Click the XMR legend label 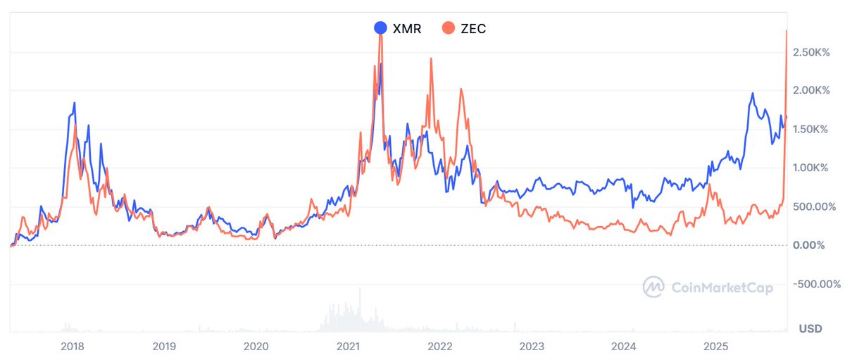[x=406, y=28]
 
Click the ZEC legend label [x=472, y=28]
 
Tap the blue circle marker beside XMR [x=380, y=28]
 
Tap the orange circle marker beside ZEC [x=448, y=28]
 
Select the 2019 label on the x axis [x=163, y=346]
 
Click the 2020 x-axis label [x=256, y=346]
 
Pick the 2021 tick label [x=349, y=346]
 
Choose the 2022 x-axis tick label [x=440, y=346]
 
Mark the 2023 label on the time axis [x=532, y=346]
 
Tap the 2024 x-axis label [x=624, y=346]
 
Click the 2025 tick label [x=716, y=346]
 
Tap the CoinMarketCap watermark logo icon [x=654, y=286]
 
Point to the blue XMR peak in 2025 [x=753, y=94]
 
